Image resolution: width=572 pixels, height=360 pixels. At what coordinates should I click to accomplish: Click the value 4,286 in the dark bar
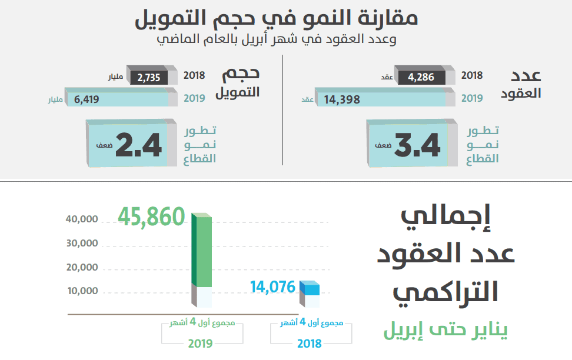point(421,76)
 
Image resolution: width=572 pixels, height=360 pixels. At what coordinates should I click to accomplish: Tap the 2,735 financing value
point(148,77)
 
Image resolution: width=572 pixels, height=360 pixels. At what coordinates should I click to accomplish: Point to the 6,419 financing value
point(87,99)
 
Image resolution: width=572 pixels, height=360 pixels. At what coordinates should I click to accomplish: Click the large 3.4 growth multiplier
point(417,145)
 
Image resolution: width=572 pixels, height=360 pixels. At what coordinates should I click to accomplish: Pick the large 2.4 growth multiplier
point(138,145)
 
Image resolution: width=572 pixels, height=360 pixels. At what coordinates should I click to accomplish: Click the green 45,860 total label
point(152,216)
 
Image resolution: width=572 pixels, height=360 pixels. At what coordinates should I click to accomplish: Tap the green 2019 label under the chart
point(201,344)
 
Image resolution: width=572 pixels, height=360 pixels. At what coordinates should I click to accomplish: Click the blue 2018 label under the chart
point(310,344)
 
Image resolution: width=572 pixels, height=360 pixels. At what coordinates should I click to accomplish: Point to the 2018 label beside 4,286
point(472,75)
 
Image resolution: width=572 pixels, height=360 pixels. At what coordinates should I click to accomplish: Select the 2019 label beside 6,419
point(195,98)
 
